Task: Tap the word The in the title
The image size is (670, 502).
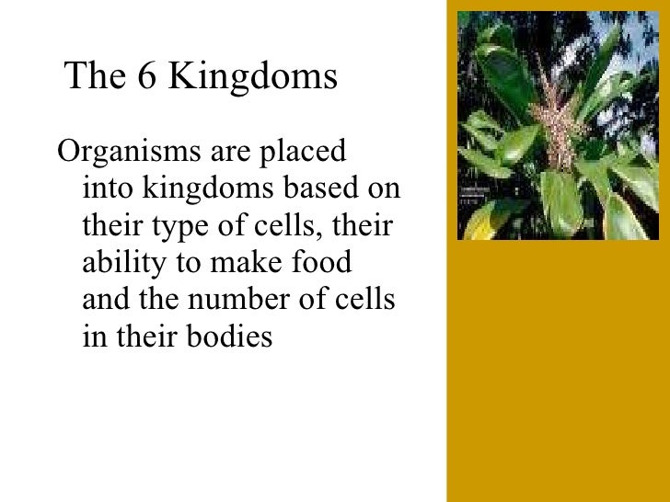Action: [96, 78]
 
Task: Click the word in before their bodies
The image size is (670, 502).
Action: [93, 337]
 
